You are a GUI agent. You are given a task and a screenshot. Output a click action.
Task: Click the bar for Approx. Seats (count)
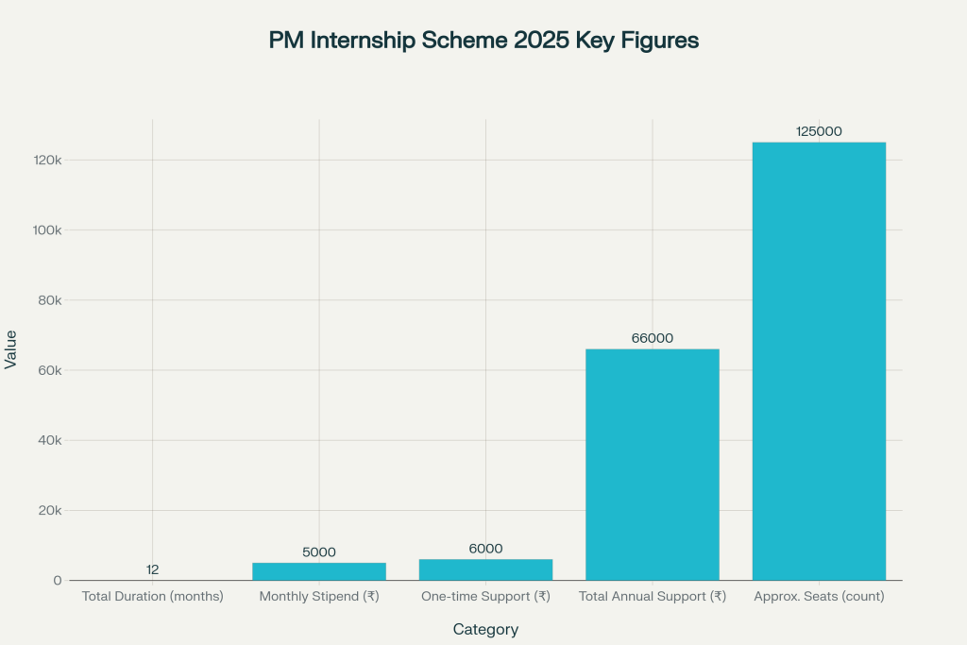(x=819, y=361)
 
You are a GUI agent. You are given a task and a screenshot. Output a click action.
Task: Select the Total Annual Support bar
(x=652, y=464)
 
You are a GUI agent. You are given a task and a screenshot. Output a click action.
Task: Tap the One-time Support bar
(x=485, y=569)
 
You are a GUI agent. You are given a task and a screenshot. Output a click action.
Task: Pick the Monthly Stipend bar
(x=319, y=571)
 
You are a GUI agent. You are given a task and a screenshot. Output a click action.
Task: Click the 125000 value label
(x=819, y=131)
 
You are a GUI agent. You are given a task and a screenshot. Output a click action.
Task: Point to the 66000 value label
(x=652, y=338)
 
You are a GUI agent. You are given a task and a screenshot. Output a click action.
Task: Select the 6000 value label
(x=485, y=549)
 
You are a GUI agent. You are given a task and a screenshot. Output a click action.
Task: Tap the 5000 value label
(x=319, y=552)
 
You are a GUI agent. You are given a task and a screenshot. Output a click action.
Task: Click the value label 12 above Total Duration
(x=152, y=569)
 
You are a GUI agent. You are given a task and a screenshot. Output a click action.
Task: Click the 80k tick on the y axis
(x=47, y=300)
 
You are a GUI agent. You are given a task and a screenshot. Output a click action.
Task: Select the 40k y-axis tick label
(x=47, y=440)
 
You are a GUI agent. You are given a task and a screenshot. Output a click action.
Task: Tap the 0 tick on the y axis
(x=57, y=581)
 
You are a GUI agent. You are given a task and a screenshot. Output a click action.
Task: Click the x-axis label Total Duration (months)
(x=152, y=597)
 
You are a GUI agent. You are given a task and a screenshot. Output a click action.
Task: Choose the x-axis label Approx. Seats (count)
(x=819, y=597)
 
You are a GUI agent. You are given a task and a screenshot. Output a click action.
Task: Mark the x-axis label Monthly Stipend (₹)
(x=319, y=597)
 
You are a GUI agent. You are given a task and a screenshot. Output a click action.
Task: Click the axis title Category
(x=485, y=629)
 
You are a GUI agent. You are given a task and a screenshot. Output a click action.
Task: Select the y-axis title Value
(x=11, y=348)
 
